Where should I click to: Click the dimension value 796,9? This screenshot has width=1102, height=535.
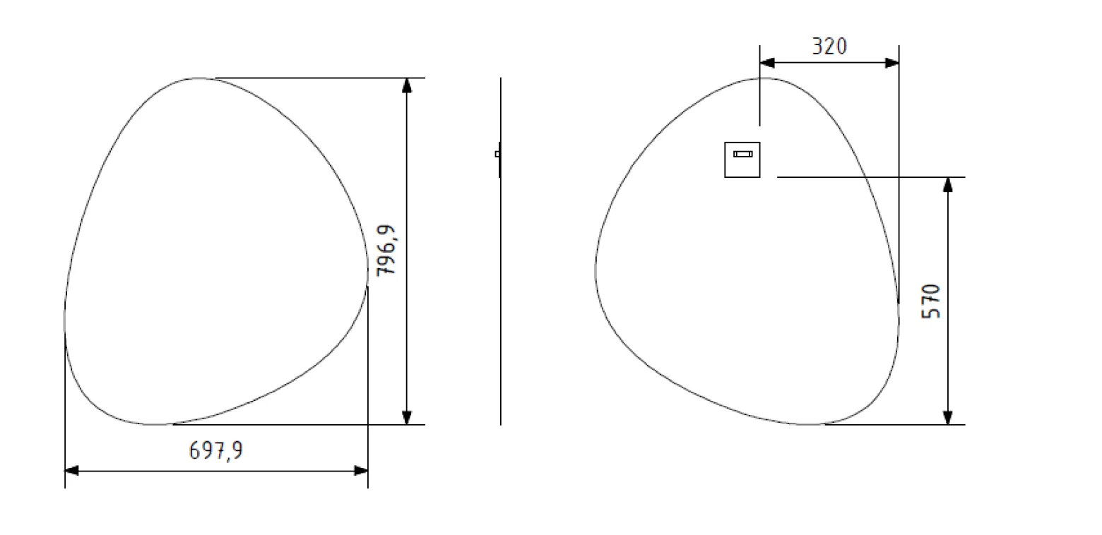click(x=386, y=251)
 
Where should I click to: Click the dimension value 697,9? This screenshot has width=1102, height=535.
click(x=216, y=450)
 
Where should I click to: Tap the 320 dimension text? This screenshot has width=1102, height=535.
click(x=829, y=46)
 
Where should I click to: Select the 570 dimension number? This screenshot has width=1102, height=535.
click(x=931, y=301)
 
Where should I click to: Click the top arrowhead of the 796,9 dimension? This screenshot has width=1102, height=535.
click(x=407, y=85)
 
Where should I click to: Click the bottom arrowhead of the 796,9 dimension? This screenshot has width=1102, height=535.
click(x=407, y=417)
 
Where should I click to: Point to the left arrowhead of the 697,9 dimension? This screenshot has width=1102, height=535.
click(x=72, y=471)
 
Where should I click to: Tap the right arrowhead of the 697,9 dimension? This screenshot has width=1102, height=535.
click(x=361, y=471)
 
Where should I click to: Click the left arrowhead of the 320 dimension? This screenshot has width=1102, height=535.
click(x=767, y=63)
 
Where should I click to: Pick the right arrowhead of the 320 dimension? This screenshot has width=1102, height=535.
click(x=892, y=63)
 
